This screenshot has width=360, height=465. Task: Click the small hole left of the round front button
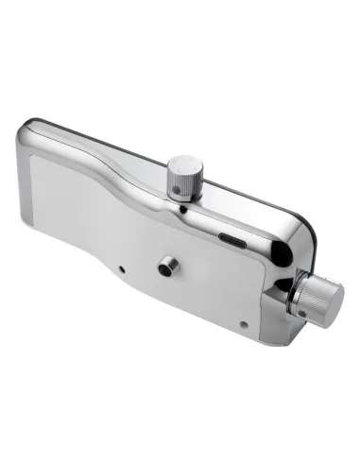coord(124,269)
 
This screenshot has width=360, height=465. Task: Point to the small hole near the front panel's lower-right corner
coord(243,324)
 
